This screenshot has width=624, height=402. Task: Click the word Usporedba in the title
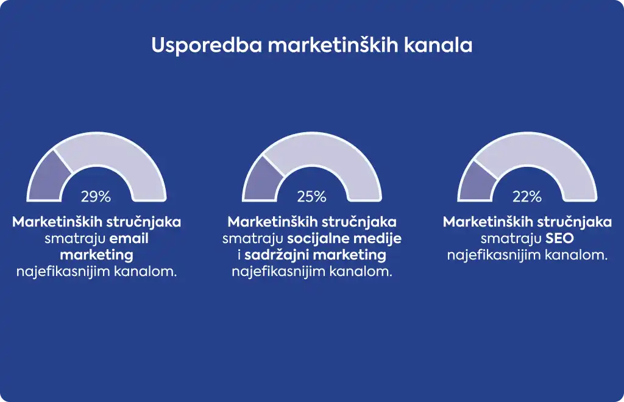207,45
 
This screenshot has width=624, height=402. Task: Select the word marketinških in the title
333,45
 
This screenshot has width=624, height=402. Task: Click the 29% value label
96,196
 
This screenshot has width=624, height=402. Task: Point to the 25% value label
311,196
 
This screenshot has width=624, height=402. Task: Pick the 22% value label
527,196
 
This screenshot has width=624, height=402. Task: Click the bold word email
129,238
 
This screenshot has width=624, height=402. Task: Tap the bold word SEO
559,238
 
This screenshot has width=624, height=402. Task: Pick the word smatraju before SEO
511,239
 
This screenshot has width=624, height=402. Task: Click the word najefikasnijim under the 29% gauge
63,272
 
